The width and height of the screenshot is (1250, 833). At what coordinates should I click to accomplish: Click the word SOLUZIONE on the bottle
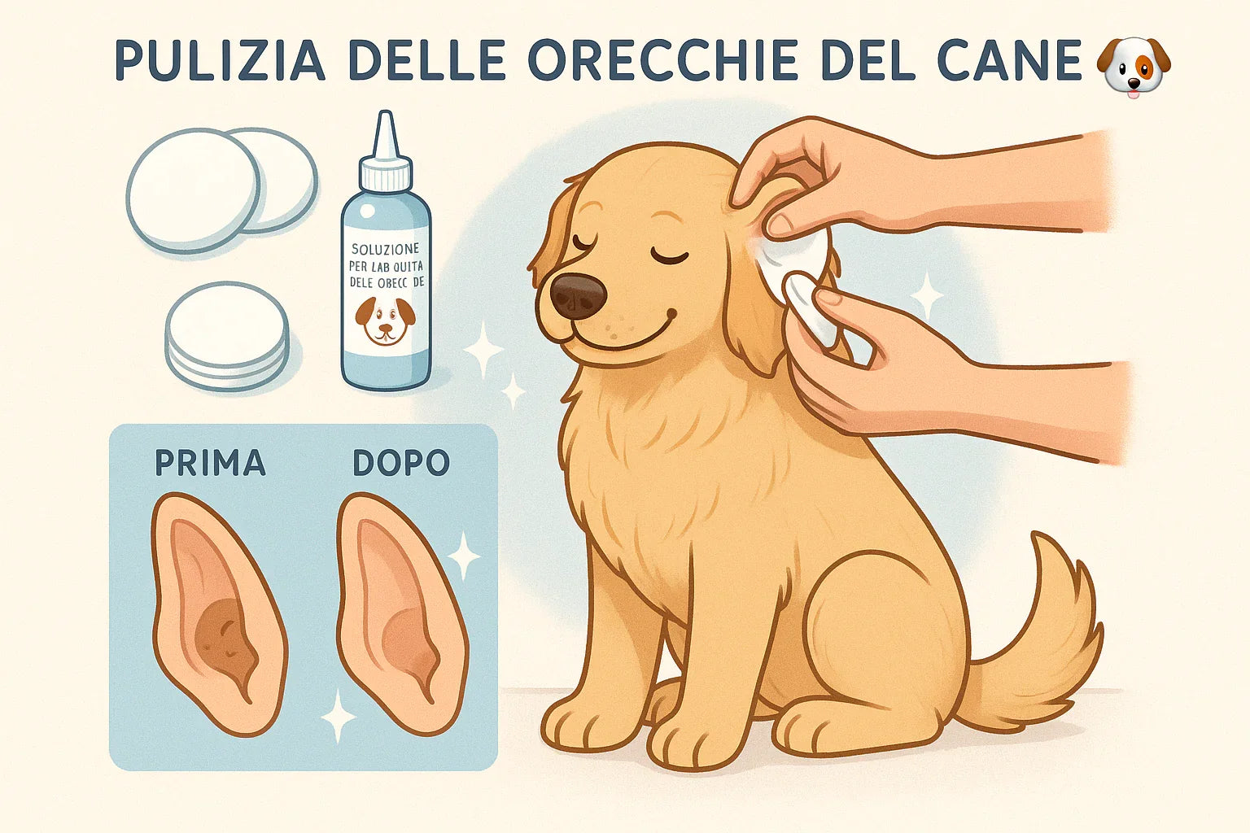coord(385,248)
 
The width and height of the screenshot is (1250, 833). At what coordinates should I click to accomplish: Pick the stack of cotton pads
coord(227,335)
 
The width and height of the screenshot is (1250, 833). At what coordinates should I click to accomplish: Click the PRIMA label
coord(210,463)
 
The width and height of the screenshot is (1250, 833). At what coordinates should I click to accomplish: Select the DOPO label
coord(400,463)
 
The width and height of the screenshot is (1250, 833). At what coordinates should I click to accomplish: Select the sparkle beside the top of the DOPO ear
coord(465,556)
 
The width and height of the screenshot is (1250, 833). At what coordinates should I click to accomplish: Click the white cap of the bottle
coord(385,172)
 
